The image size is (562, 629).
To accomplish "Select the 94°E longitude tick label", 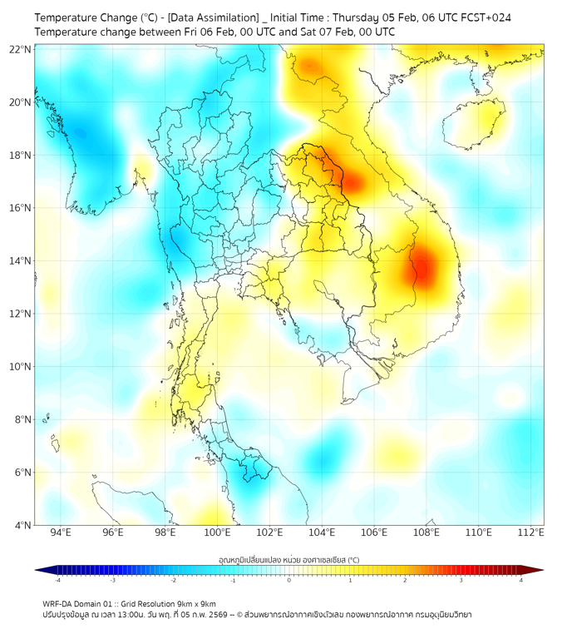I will click(61, 532).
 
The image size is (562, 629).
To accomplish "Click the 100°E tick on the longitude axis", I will click(218, 532).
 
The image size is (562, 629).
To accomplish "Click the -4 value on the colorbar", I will click(57, 580).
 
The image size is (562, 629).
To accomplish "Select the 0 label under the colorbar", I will click(289, 580).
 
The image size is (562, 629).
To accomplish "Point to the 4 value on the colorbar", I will click(521, 580).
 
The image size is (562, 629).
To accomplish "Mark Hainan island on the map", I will click(475, 122).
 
